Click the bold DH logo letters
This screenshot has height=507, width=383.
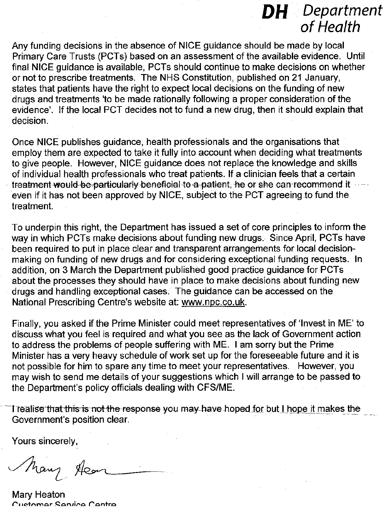[x=275, y=13]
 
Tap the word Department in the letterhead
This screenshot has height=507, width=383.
[x=342, y=11]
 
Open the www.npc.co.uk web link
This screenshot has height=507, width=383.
[x=213, y=302]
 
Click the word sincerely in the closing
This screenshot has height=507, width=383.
[x=57, y=441]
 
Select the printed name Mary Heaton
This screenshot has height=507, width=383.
[x=38, y=494]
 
